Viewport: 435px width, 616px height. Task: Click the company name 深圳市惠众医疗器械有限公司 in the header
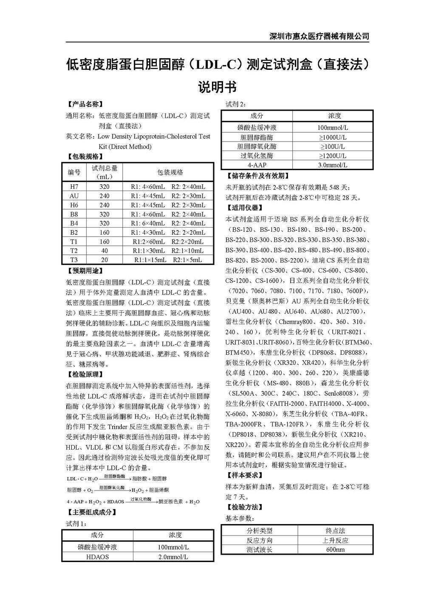click(319, 36)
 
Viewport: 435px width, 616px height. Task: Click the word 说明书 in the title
click(217, 87)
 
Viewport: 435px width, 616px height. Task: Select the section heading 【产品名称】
click(85, 104)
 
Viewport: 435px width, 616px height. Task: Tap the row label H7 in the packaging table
click(74, 187)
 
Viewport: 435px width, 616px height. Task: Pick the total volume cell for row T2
click(104, 251)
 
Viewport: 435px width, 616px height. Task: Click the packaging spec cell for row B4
click(168, 223)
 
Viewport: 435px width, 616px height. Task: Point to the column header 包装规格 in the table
click(170, 172)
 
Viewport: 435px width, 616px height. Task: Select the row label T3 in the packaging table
click(74, 260)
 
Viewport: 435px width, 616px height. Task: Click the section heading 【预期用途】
click(85, 271)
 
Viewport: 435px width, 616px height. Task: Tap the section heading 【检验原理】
click(85, 374)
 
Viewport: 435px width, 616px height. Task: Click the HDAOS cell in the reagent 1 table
click(97, 557)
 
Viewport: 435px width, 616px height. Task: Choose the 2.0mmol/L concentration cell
click(173, 557)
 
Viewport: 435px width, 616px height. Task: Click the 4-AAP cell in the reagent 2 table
click(257, 165)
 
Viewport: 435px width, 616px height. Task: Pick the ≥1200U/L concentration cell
click(333, 156)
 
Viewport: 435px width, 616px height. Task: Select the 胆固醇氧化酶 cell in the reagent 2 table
click(257, 147)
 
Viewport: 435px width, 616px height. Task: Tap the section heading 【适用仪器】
click(244, 208)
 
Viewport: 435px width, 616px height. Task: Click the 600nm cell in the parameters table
click(335, 550)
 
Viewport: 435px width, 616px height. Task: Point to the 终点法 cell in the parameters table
click(335, 530)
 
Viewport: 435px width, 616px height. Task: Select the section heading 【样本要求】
click(244, 475)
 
